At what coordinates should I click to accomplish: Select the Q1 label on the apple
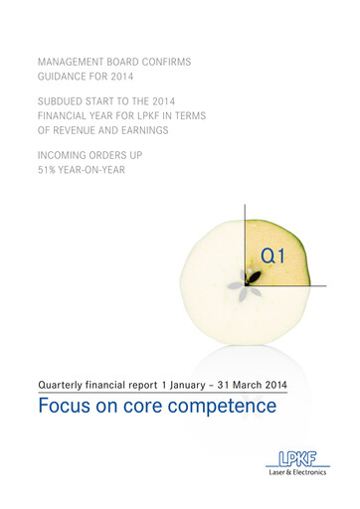click(273, 256)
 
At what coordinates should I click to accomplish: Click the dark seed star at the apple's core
click(242, 282)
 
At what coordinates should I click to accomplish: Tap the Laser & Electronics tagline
click(290, 474)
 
